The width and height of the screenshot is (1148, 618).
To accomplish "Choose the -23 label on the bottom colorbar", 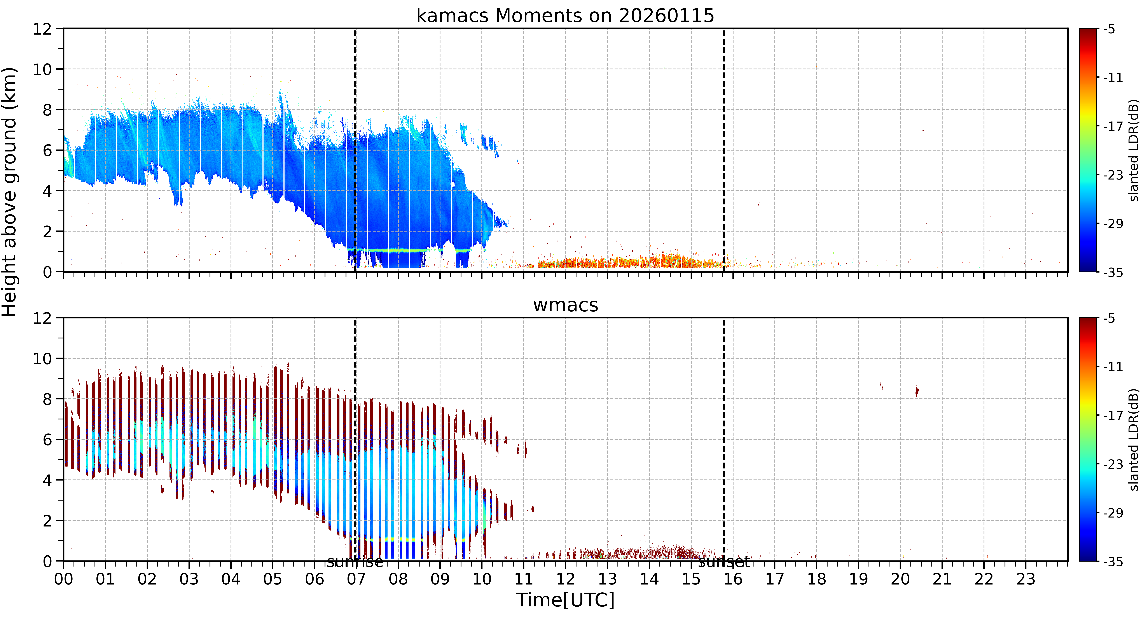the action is tap(1113, 464).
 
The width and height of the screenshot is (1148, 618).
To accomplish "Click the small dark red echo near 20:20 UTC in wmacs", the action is tap(917, 391).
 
